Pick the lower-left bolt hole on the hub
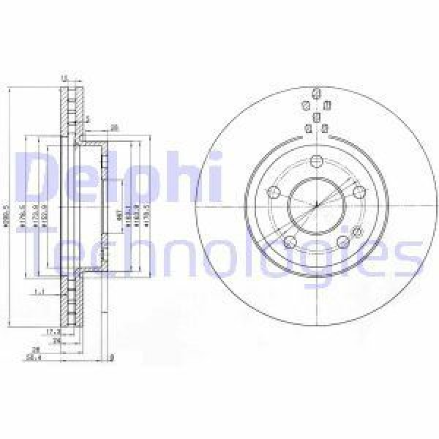[290, 242]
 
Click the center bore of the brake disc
[315, 203]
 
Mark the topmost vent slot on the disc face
[315, 94]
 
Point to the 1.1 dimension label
[40, 292]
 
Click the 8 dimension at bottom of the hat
[110, 358]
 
